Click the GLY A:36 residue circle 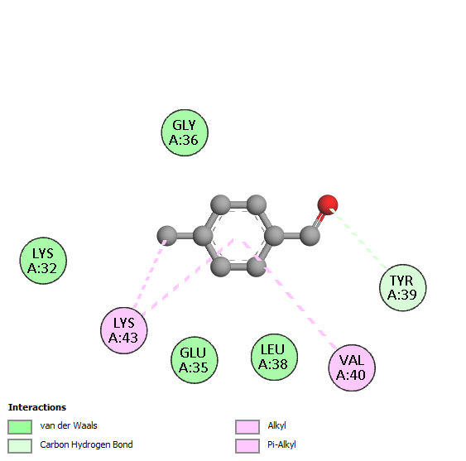[x=185, y=132]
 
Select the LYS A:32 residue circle [x=43, y=261]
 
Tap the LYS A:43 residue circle [x=124, y=330]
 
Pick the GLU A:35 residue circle [x=195, y=360]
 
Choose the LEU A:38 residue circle [x=274, y=357]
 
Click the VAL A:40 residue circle [x=352, y=367]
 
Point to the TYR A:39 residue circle [x=403, y=287]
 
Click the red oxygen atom [x=328, y=204]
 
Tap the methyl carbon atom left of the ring [x=166, y=236]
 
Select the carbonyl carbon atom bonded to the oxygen [x=310, y=236]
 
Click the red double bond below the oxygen [x=319, y=219]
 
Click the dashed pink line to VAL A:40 [x=290, y=295]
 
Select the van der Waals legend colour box [x=20, y=427]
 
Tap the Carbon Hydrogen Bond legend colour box [x=20, y=446]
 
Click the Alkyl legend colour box [x=247, y=427]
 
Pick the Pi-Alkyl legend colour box [x=247, y=446]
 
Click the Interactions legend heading [x=37, y=407]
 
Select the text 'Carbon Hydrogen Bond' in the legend [x=86, y=444]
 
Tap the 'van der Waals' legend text [x=69, y=425]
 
